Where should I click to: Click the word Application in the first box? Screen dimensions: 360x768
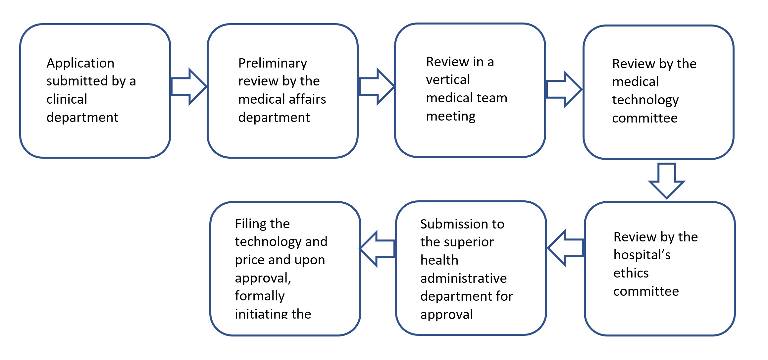pyautogui.click(x=80, y=63)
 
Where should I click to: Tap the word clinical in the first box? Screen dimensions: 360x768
pyautogui.click(x=67, y=99)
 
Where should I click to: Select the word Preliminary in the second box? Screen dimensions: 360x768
pyautogui.click(x=273, y=63)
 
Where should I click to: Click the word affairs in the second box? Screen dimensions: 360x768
pyautogui.click(x=310, y=99)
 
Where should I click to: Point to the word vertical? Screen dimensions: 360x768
pyautogui.click(x=448, y=80)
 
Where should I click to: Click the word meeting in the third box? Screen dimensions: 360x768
pyautogui.click(x=451, y=116)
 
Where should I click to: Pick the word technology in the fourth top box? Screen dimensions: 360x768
pyautogui.click(x=645, y=100)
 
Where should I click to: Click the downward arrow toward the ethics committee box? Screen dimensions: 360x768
pyautogui.click(x=666, y=180)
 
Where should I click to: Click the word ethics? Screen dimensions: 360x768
pyautogui.click(x=631, y=273)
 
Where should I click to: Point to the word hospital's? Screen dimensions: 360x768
pyautogui.click(x=642, y=255)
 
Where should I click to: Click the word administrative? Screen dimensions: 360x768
pyautogui.click(x=463, y=279)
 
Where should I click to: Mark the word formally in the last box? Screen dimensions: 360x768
pyautogui.click(x=260, y=296)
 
